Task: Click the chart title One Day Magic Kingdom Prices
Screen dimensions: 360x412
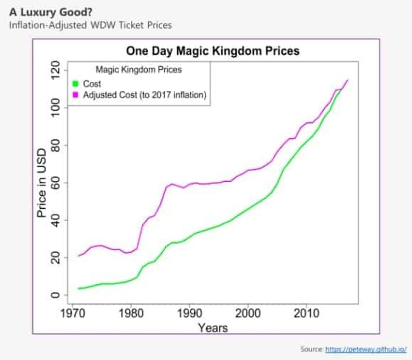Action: click(x=213, y=51)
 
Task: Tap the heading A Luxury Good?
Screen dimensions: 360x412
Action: click(x=50, y=11)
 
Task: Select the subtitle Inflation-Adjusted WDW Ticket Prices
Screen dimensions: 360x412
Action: click(x=90, y=25)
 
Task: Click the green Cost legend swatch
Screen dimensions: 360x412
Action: click(x=76, y=84)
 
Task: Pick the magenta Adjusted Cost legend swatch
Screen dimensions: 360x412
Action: click(x=76, y=95)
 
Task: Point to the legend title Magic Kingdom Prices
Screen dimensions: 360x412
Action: click(x=139, y=70)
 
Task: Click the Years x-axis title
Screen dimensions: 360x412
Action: click(x=213, y=327)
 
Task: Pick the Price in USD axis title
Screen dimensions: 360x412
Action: click(x=42, y=183)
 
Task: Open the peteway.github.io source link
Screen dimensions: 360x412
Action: click(x=366, y=349)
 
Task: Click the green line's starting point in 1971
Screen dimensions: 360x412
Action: click(x=79, y=288)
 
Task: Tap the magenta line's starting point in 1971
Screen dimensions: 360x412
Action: click(x=79, y=255)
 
